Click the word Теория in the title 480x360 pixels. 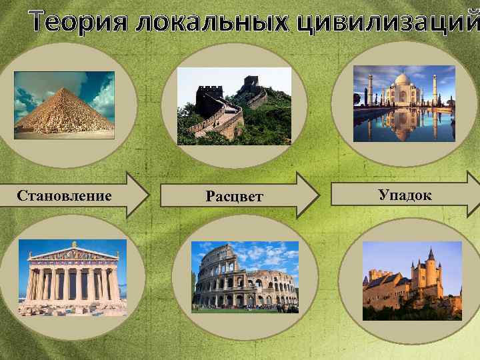tap(78, 22)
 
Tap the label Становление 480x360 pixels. tap(64, 195)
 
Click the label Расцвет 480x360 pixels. tap(234, 197)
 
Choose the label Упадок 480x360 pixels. tap(405, 195)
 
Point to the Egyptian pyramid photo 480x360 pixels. tap(64, 105)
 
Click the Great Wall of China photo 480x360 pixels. tap(234, 106)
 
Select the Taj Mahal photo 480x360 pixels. tap(404, 103)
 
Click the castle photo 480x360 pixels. tap(412, 281)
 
